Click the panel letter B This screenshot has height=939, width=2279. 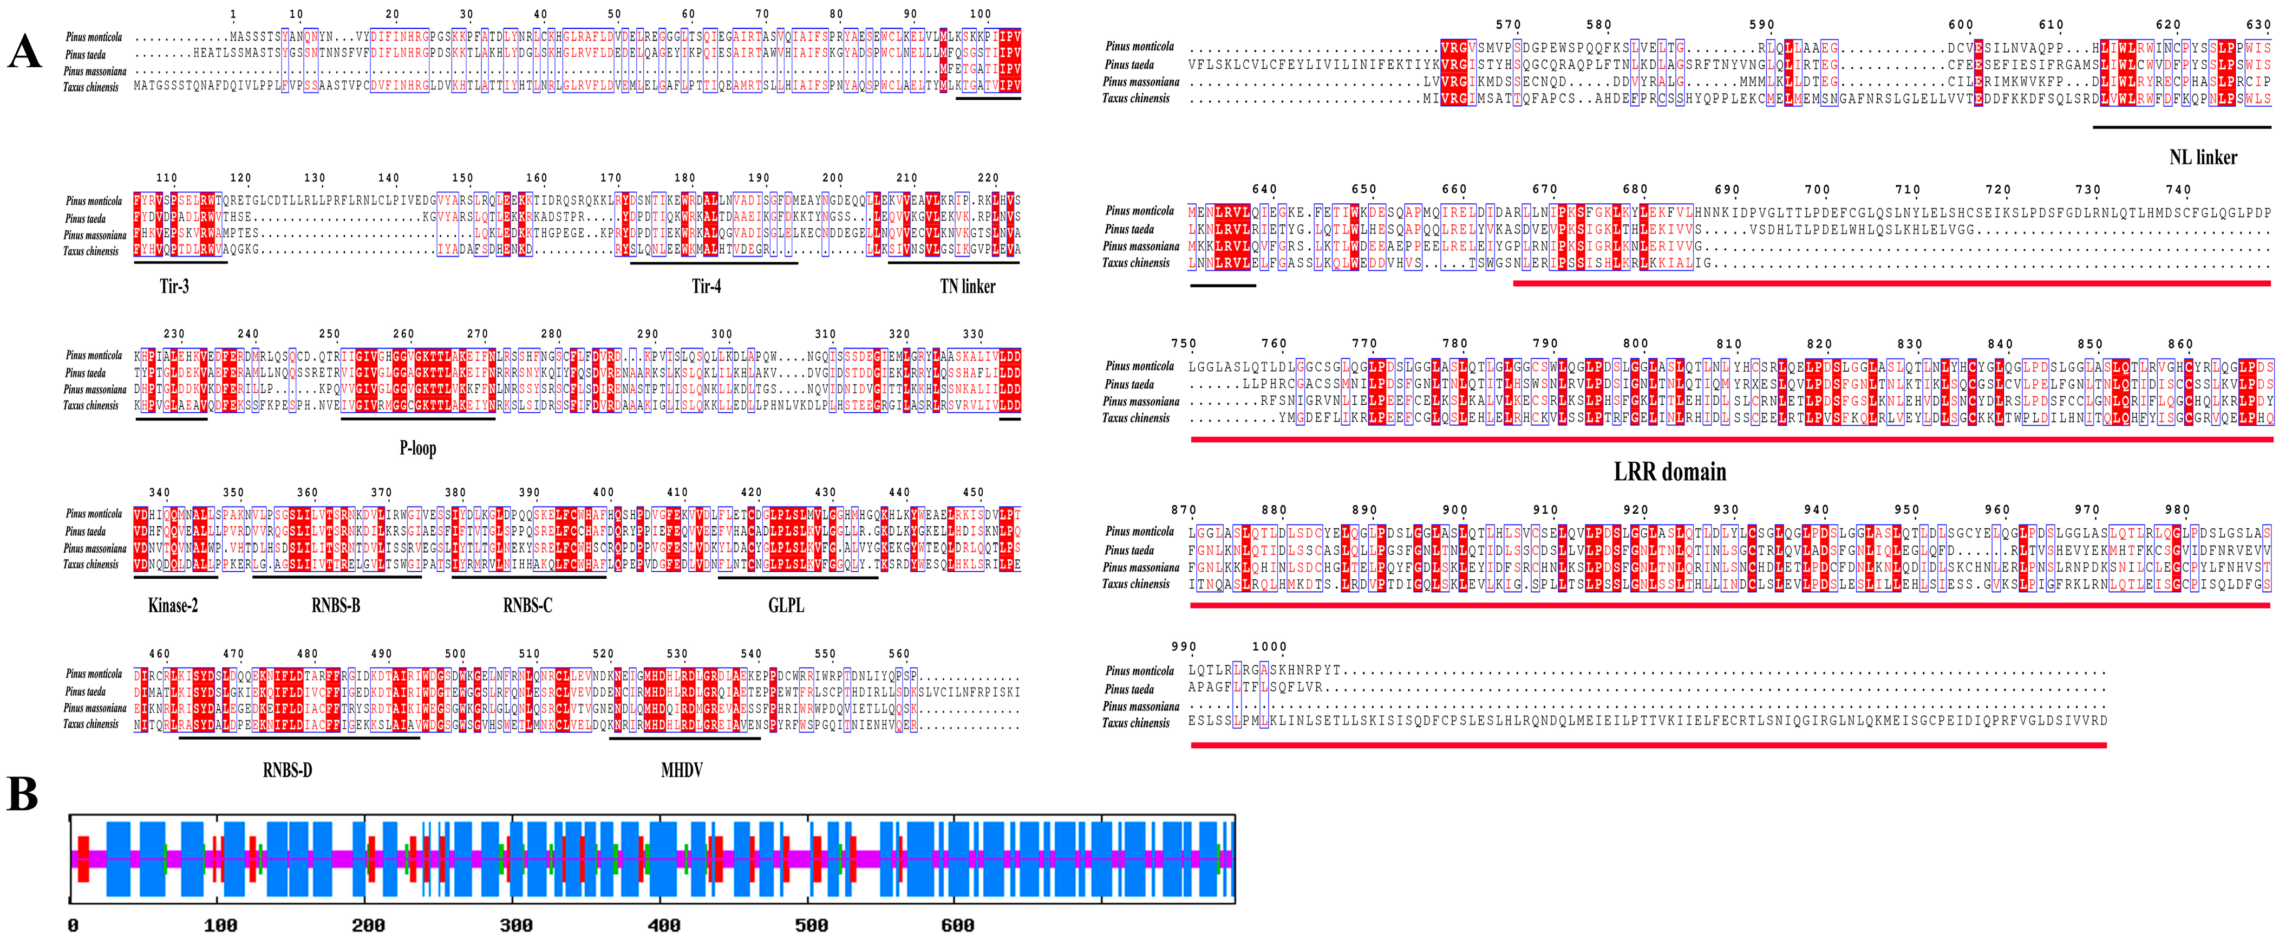(22, 794)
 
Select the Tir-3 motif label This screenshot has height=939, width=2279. (174, 286)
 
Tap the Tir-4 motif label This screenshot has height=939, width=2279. (706, 286)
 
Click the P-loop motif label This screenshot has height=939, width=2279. (417, 448)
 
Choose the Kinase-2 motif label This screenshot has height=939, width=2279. (173, 605)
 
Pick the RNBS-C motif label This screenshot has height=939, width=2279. (527, 605)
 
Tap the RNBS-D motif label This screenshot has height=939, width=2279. (288, 770)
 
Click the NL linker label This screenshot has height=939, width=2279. (2202, 158)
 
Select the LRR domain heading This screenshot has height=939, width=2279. (1669, 472)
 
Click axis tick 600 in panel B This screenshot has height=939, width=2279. (957, 925)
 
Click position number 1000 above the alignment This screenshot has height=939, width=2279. (1269, 647)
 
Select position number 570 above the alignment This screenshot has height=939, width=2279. (1507, 25)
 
